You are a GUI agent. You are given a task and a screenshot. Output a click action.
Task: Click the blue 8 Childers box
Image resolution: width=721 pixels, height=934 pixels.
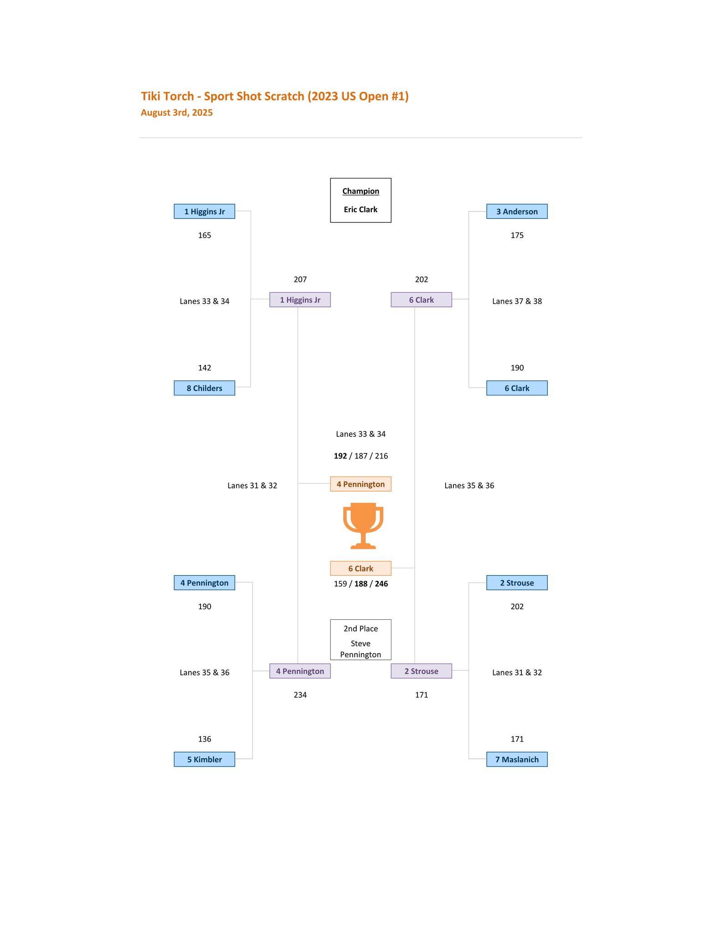coord(204,388)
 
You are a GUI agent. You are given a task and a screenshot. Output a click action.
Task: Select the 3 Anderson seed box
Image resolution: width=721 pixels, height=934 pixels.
coord(517,212)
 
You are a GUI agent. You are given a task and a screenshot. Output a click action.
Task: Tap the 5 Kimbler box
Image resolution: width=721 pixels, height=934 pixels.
coord(204,759)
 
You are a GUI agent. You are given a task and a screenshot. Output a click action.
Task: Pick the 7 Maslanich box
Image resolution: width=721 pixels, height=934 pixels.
coord(517,759)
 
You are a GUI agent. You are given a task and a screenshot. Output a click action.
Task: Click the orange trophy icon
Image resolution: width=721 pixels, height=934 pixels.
coord(363,526)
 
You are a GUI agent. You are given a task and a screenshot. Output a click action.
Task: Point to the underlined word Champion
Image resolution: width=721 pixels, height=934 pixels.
coord(360,191)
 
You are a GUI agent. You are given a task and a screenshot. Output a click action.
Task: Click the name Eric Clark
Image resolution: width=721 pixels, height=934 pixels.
coord(360,210)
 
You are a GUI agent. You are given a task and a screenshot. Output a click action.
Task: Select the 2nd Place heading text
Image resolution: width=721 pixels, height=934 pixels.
coord(360,628)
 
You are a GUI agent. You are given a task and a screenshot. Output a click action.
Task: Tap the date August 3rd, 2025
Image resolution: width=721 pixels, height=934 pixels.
coord(177,113)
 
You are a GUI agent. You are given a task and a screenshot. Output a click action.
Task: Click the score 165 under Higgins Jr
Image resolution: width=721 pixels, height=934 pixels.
coord(205,235)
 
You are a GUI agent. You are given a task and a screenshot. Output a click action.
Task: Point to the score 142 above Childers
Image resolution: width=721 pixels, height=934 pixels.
coord(205,368)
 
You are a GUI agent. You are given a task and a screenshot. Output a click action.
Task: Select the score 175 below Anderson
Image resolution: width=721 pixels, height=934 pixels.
coord(517,235)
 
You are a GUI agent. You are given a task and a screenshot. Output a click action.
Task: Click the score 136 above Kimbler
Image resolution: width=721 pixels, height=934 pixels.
coord(205,739)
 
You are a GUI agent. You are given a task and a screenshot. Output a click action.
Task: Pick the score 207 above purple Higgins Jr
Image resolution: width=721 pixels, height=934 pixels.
coord(300,279)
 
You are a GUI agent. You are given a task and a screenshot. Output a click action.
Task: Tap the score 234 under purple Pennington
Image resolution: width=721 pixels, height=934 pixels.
coord(300,695)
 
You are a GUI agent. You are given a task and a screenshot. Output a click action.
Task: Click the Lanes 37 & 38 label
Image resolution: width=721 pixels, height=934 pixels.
coord(517,301)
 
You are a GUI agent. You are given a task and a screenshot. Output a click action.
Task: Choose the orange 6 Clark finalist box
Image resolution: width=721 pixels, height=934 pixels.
coord(360,568)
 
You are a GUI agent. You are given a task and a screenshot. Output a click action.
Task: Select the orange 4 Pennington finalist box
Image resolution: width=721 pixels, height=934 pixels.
coord(360,484)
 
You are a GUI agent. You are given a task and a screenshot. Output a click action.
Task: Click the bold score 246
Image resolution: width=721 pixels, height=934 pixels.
coord(381,584)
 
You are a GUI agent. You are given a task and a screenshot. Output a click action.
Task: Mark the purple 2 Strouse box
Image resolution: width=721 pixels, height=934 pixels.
coord(421,671)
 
